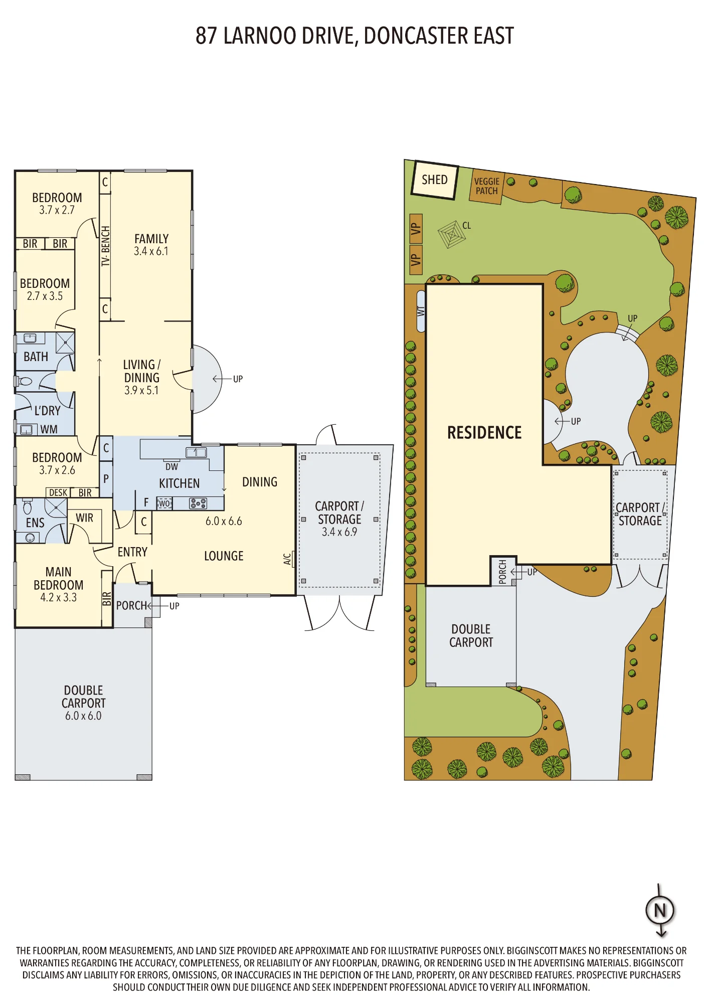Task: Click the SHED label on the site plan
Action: [x=434, y=180]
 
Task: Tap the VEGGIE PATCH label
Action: [x=487, y=186]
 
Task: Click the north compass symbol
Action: [x=660, y=910]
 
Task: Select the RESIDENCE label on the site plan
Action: [x=484, y=433]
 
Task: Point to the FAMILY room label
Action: [x=151, y=239]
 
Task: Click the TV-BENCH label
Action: [x=105, y=246]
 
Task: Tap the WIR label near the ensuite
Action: [x=84, y=518]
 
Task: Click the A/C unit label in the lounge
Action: [x=287, y=559]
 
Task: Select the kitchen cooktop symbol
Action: [x=198, y=503]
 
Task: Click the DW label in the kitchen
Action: [x=171, y=467]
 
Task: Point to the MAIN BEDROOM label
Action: [x=58, y=578]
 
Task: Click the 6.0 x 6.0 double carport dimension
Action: [x=83, y=716]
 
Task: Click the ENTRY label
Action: [x=132, y=552]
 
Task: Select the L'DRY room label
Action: [x=47, y=411]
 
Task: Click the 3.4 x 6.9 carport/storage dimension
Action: [x=339, y=532]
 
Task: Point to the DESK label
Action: [x=58, y=493]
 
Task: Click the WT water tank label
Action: [x=421, y=311]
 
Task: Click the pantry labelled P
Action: [x=106, y=479]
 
